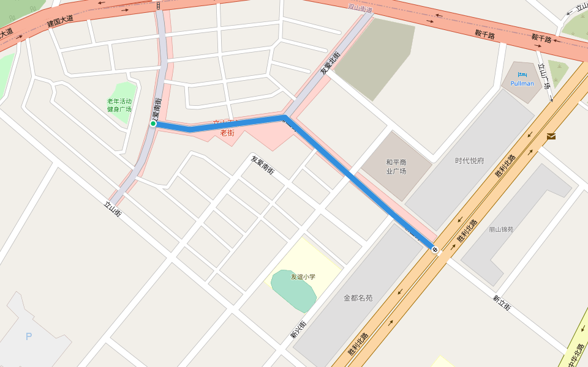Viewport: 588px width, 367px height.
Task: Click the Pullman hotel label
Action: pyautogui.click(x=522, y=83)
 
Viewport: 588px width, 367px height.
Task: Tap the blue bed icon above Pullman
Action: pyautogui.click(x=522, y=75)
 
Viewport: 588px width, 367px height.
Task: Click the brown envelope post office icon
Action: pyautogui.click(x=551, y=136)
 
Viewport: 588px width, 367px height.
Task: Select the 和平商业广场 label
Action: pyautogui.click(x=396, y=166)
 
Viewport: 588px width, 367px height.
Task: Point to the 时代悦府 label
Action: pyautogui.click(x=469, y=161)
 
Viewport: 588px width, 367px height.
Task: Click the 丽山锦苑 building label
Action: pyautogui.click(x=501, y=229)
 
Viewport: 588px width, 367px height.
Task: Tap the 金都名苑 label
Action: pyautogui.click(x=358, y=298)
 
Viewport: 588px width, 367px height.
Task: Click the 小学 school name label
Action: pyautogui.click(x=303, y=276)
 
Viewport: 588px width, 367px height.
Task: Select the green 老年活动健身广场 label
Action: pyautogui.click(x=119, y=105)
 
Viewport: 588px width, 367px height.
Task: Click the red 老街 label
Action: pyautogui.click(x=227, y=132)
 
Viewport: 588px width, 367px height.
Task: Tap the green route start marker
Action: pyautogui.click(x=153, y=124)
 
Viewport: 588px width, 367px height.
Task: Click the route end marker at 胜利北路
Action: pyautogui.click(x=434, y=249)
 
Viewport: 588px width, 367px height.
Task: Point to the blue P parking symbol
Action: pyautogui.click(x=28, y=336)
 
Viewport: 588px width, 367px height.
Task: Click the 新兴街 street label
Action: pyautogui.click(x=298, y=328)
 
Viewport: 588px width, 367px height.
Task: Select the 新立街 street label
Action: pyautogui.click(x=501, y=303)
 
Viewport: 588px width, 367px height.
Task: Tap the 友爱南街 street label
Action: pyautogui.click(x=262, y=165)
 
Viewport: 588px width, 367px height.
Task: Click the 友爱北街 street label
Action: pyautogui.click(x=330, y=64)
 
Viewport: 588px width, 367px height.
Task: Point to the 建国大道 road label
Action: pyautogui.click(x=60, y=22)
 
